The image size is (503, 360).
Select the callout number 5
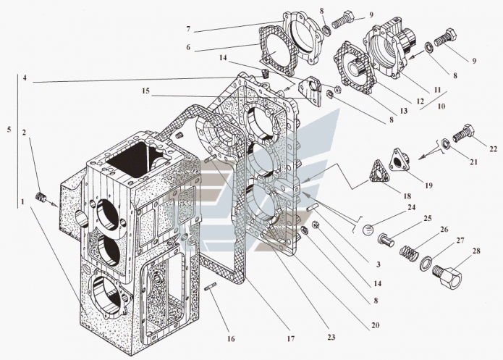click(x=7, y=131)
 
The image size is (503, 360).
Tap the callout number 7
click(x=188, y=29)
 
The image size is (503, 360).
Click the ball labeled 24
click(x=371, y=232)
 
